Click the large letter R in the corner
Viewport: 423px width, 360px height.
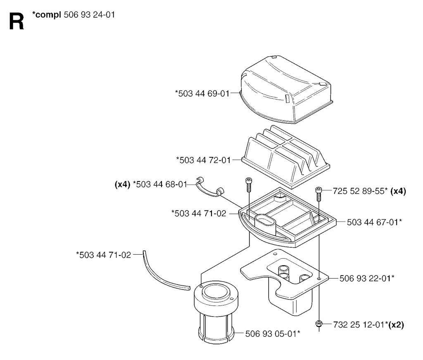(17, 21)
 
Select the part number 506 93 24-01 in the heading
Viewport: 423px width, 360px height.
(89, 14)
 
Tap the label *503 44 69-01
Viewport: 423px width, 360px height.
(202, 93)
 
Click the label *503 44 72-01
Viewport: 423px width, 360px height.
(203, 160)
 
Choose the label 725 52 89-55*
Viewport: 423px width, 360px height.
(360, 191)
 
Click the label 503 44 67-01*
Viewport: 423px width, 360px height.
(374, 222)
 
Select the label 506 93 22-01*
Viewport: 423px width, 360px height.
(367, 278)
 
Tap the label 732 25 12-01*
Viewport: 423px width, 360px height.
(361, 324)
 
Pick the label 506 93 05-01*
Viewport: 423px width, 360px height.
(273, 334)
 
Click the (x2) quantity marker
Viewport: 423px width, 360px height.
(396, 324)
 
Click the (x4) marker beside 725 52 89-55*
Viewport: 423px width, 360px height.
(398, 191)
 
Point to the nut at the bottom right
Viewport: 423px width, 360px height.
(319, 323)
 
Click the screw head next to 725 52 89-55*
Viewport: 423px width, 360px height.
(319, 189)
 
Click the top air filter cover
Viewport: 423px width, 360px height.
(286, 89)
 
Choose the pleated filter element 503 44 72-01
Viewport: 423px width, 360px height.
(285, 156)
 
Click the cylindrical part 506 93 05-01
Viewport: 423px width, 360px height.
(216, 312)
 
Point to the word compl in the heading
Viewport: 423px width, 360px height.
(47, 15)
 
